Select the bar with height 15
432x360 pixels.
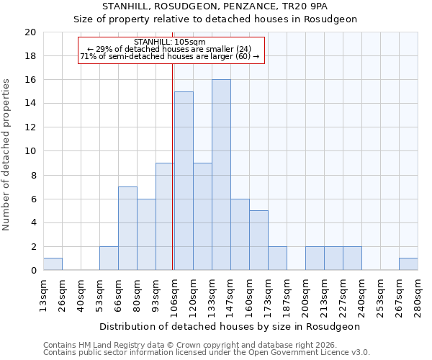pos(184,181)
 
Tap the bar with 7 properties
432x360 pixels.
pos(127,228)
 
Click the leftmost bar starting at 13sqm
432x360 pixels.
pos(53,264)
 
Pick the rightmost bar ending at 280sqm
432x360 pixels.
pos(408,264)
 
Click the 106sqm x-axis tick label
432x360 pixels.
pos(174,293)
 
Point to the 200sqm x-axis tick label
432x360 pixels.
pos(305,293)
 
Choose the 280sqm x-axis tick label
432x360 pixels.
pos(418,293)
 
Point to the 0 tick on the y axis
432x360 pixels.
pos(33,271)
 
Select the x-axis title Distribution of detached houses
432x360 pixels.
pos(230,326)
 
